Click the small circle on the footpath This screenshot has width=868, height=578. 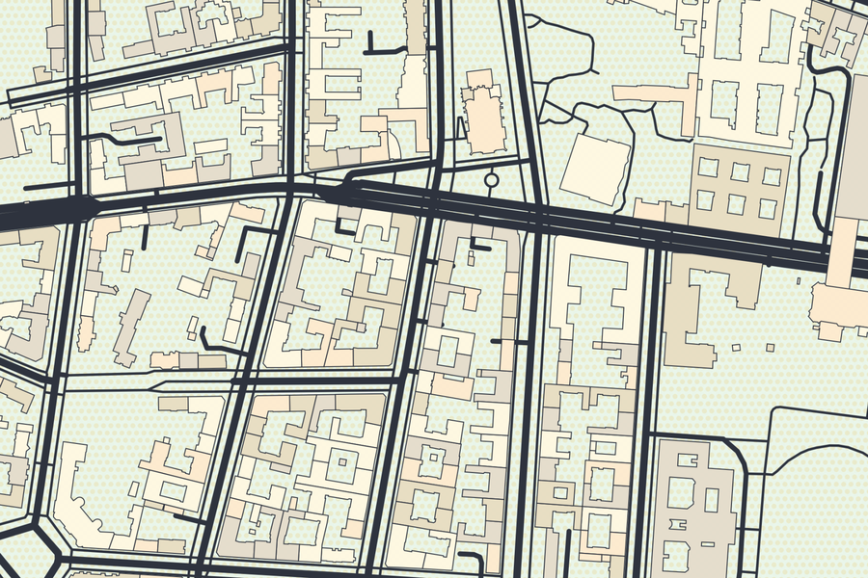[491, 179]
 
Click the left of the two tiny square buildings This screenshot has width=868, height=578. [736, 347]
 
